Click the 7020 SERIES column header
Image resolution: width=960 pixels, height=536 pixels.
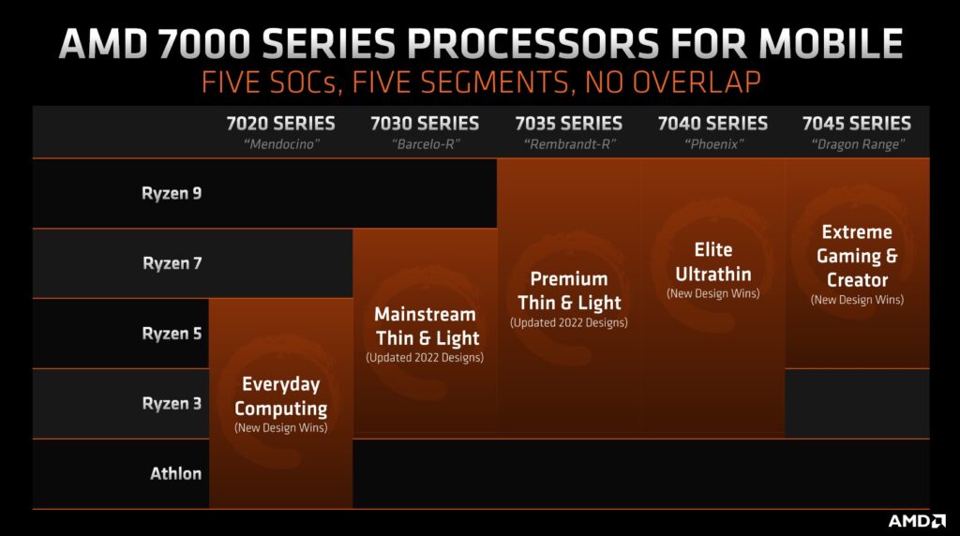pos(280,124)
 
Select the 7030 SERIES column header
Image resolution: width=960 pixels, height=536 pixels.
pos(425,124)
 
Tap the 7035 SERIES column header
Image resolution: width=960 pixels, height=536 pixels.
pos(568,124)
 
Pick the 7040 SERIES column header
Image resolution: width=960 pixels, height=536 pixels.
pos(712,124)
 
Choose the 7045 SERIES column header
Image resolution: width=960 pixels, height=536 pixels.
pos(857,124)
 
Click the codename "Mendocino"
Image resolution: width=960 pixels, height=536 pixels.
pos(280,144)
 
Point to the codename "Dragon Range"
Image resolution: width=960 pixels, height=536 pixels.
pos(857,144)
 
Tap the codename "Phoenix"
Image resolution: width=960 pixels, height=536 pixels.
pos(712,144)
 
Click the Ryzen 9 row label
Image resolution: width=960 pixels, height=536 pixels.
pos(172,194)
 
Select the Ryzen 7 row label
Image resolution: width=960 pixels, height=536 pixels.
pos(172,263)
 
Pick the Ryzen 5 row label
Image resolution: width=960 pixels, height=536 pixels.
pos(172,334)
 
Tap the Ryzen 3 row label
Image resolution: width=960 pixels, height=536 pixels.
pos(172,404)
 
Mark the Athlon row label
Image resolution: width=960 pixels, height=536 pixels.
pos(175,473)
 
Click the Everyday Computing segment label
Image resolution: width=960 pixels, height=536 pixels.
pos(280,396)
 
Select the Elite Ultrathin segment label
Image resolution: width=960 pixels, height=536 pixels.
pos(712,261)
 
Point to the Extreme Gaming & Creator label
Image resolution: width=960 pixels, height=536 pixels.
pos(857,255)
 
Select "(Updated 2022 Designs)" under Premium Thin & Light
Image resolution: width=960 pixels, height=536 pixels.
pos(568,322)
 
